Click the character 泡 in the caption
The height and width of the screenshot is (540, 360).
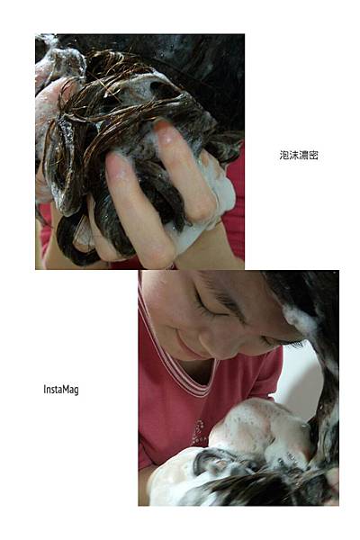[283, 156]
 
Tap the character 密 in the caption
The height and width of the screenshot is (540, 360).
[313, 156]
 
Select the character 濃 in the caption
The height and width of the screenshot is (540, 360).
[303, 156]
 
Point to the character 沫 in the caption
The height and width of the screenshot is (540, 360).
[293, 156]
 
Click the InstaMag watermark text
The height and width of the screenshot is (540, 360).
[61, 390]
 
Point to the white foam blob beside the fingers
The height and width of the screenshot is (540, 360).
[213, 203]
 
